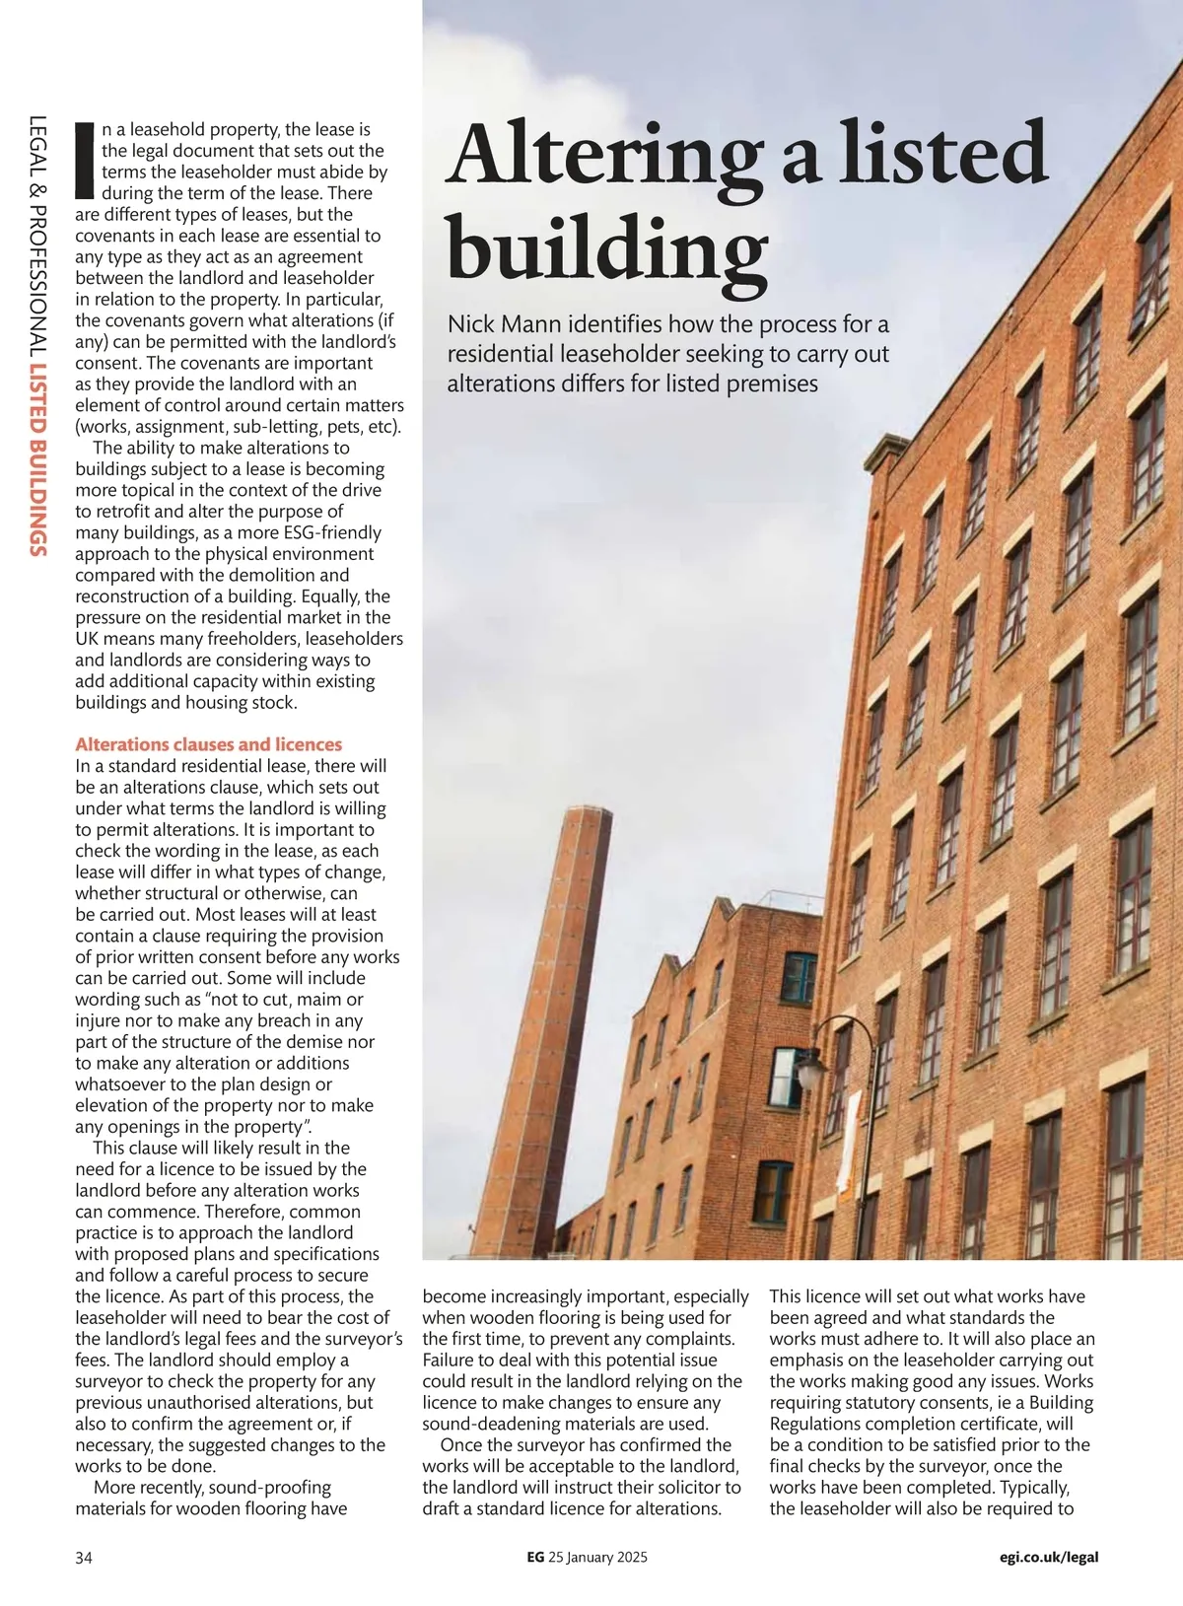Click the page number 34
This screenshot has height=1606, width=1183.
coord(84,1558)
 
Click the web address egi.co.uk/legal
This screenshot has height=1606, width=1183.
coord(1049,1558)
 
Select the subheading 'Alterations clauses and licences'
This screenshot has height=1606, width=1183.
coord(209,744)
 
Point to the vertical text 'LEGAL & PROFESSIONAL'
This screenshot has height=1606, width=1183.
coord(37,236)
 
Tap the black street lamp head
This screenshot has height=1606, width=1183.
coord(809,1069)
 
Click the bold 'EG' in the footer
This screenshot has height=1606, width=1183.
coord(535,1558)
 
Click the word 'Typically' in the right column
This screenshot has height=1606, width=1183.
coord(1033,1487)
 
